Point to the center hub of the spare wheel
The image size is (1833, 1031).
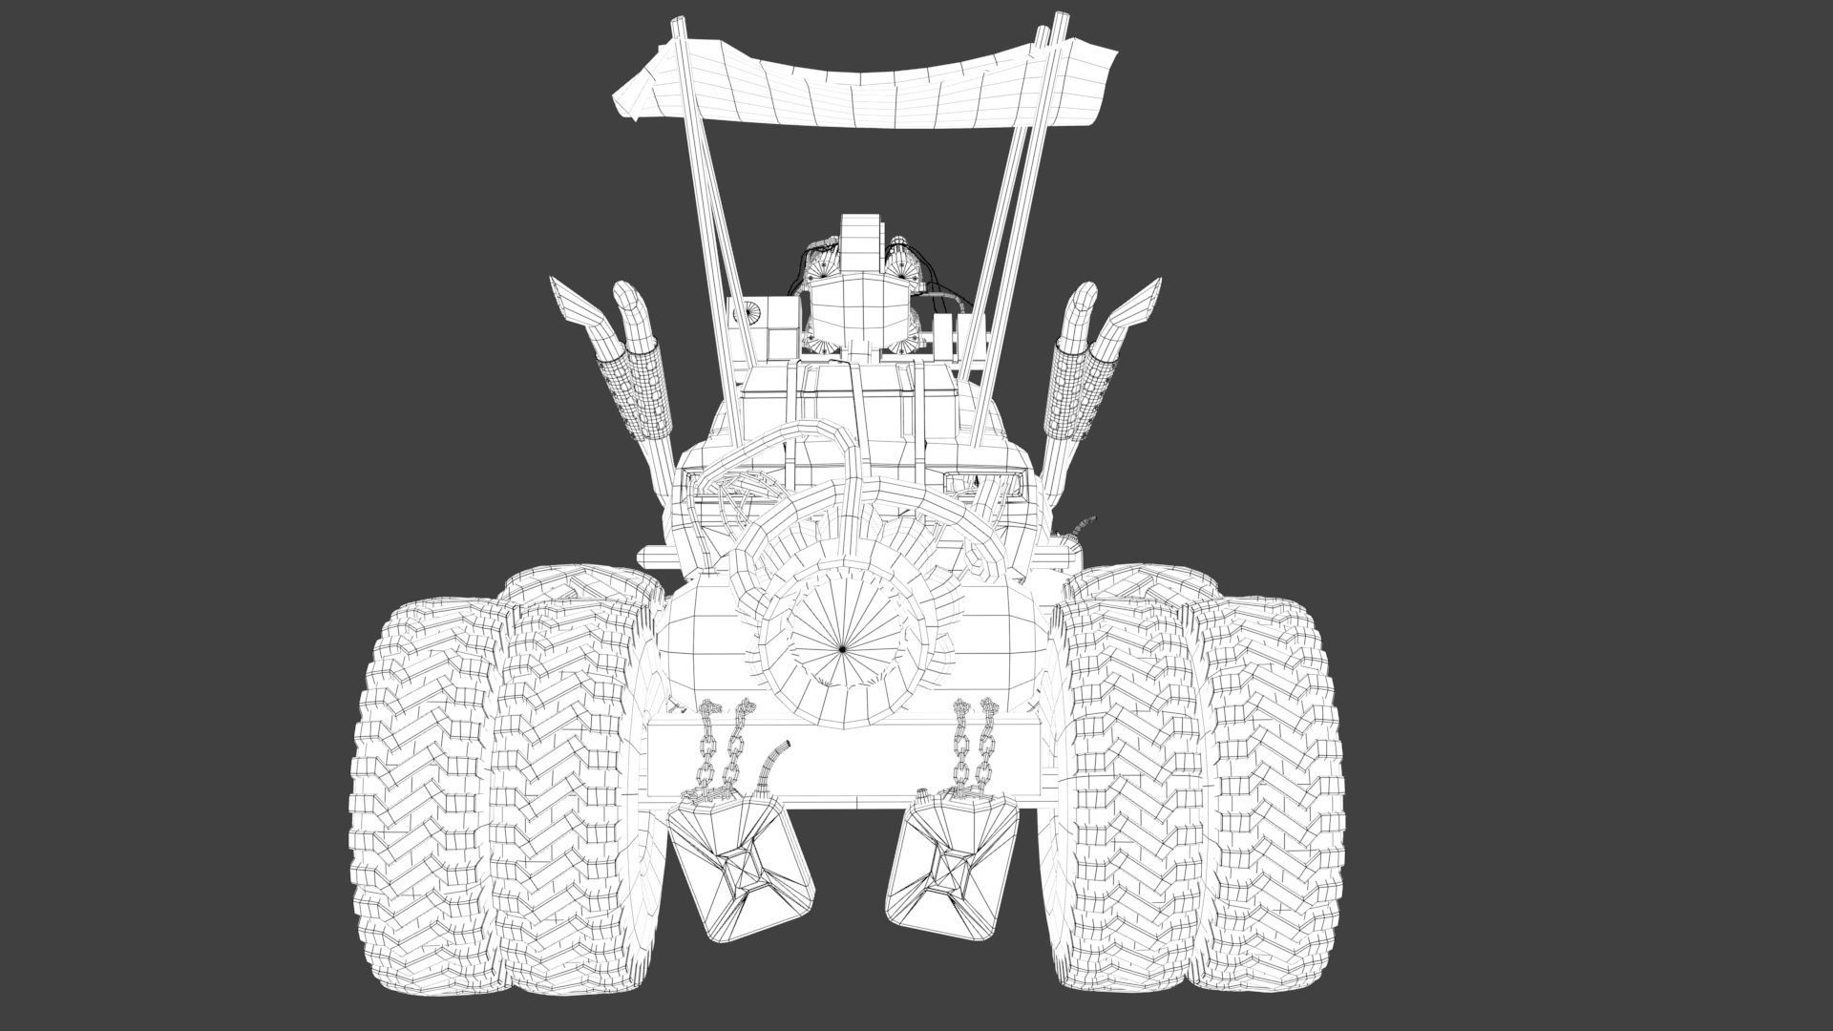click(843, 648)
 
